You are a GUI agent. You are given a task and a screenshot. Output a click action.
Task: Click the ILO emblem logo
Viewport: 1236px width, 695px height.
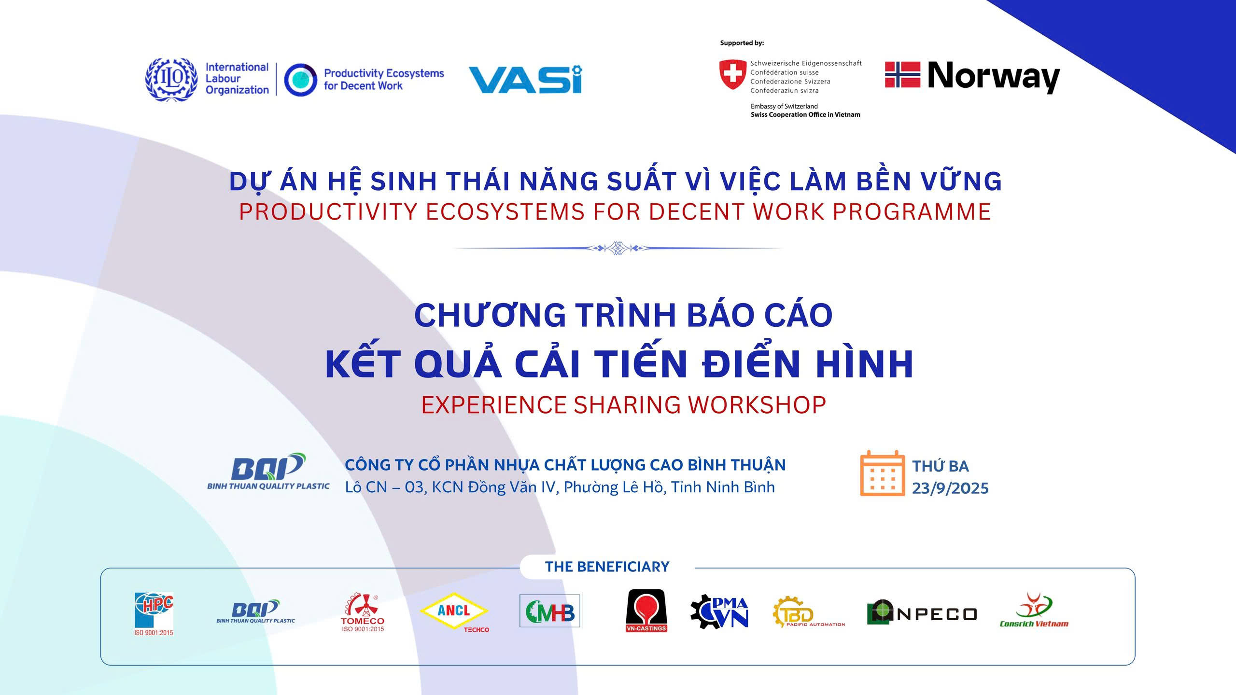[x=171, y=79]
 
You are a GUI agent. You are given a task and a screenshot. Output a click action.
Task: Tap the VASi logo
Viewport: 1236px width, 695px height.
[x=525, y=79]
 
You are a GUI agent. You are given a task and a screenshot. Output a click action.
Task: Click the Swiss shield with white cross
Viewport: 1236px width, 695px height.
[x=732, y=73]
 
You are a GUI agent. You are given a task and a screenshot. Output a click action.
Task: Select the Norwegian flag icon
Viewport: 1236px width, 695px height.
[x=902, y=74]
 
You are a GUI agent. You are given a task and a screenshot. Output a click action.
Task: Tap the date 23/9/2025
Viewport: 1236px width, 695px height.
[x=950, y=488]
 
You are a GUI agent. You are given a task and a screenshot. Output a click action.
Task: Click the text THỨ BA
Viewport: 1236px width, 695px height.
[x=941, y=466]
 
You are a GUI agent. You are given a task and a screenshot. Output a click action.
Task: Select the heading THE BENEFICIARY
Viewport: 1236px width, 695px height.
[x=607, y=567]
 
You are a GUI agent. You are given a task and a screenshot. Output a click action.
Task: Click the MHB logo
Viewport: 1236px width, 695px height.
[x=550, y=611]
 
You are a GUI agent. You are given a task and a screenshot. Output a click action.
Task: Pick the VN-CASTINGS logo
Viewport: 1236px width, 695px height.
[x=646, y=611]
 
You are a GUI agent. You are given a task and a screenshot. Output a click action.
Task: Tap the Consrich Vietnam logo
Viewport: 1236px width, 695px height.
[x=1034, y=610]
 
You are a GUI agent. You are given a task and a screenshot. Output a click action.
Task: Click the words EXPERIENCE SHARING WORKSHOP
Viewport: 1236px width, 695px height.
[x=623, y=405]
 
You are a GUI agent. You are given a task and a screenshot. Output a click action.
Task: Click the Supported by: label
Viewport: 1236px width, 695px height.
[x=742, y=43]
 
